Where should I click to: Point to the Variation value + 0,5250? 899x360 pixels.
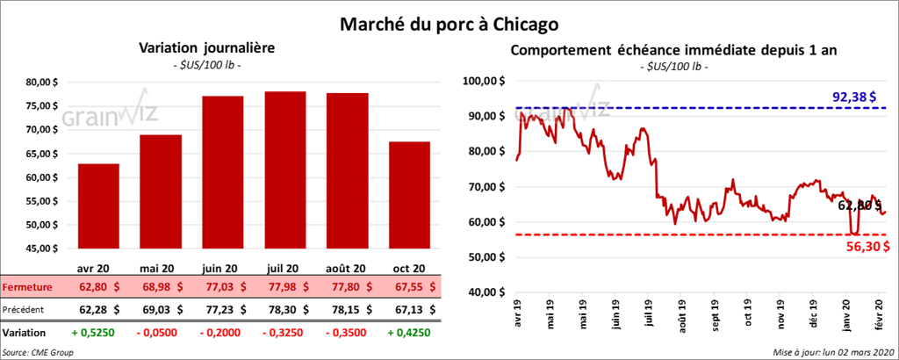point(98,334)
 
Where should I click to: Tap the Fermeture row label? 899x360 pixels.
point(27,287)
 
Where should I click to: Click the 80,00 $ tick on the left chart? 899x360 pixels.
point(42,83)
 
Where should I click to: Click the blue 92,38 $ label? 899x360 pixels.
point(849,97)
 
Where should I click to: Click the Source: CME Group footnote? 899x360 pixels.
point(37,351)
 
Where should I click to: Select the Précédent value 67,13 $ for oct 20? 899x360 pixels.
point(409,309)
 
